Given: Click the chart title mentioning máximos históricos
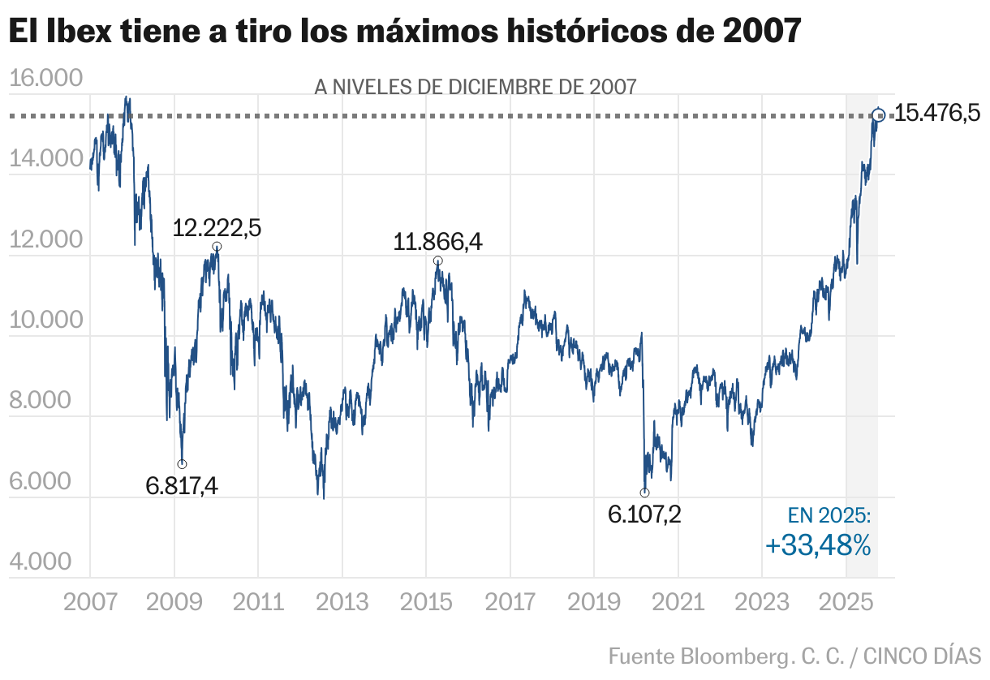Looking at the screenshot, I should tap(406, 32).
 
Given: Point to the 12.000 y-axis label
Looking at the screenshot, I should tap(46, 240).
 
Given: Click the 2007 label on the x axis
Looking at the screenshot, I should tap(90, 602).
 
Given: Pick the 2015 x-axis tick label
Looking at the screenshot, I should tap(425, 602).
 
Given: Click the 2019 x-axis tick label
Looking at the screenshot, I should tap(593, 602).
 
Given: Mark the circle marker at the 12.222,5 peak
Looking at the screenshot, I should tap(217, 247).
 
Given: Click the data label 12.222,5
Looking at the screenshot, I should tap(217, 228).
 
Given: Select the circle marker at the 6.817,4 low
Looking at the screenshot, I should tap(182, 464).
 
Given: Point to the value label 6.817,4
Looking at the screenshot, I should tap(182, 486).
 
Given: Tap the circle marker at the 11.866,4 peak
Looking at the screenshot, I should tap(438, 260).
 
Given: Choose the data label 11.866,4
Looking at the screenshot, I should tap(438, 242).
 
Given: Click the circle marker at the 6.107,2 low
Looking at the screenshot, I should tap(644, 493).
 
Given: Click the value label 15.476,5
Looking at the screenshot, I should tap(937, 114).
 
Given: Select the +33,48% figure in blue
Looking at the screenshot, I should tap(818, 546).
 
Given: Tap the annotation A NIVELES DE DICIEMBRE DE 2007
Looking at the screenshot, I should tap(475, 87).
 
